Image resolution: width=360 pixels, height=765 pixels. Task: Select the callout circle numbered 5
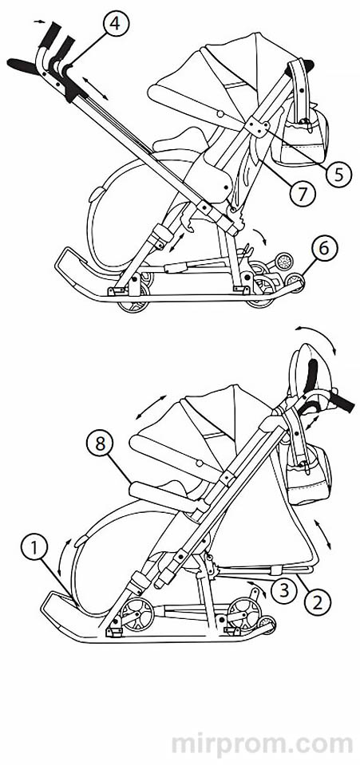click(339, 173)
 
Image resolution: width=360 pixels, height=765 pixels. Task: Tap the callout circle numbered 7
click(302, 194)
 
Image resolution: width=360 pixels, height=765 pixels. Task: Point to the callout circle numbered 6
click(323, 250)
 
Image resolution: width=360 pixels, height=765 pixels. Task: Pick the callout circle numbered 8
click(99, 445)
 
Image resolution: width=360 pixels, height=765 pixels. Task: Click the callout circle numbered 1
click(34, 548)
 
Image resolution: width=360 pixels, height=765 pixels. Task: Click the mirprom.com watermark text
click(262, 744)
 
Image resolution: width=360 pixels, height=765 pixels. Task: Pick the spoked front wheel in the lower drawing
click(244, 612)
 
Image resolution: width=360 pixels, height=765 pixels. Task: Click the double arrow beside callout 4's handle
click(95, 89)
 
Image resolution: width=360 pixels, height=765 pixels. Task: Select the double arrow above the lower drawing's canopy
click(152, 408)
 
